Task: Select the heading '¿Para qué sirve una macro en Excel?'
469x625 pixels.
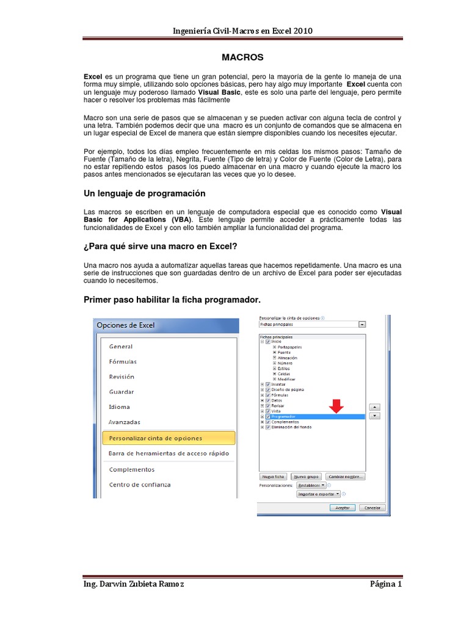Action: tap(160, 246)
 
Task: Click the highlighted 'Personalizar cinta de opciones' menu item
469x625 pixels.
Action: tap(156, 438)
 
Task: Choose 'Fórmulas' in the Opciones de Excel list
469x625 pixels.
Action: tap(123, 361)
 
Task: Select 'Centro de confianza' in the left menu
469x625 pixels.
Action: tap(140, 485)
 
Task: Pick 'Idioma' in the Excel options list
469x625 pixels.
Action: tap(119, 407)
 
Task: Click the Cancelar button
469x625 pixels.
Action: tap(372, 507)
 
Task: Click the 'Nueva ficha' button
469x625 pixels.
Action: tap(273, 476)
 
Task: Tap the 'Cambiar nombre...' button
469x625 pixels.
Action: tap(346, 476)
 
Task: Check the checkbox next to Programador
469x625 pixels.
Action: tap(267, 416)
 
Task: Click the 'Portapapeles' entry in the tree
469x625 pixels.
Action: tap(289, 347)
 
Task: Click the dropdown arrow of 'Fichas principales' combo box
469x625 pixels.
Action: tap(362, 325)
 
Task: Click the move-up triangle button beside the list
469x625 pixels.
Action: tap(376, 406)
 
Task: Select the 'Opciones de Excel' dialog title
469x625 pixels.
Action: tap(126, 325)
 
